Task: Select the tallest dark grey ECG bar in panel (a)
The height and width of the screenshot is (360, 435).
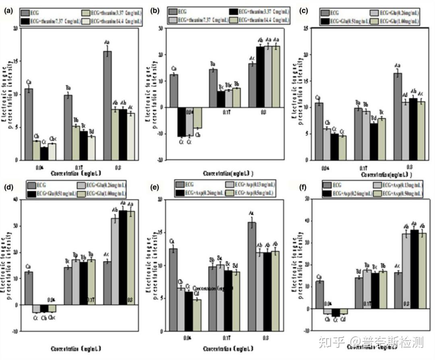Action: coord(107,106)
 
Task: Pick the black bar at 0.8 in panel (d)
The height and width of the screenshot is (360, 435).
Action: coord(123,258)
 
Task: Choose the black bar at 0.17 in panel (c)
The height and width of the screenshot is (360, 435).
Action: coord(374,142)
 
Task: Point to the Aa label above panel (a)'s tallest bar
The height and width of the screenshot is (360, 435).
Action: coord(107,41)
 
